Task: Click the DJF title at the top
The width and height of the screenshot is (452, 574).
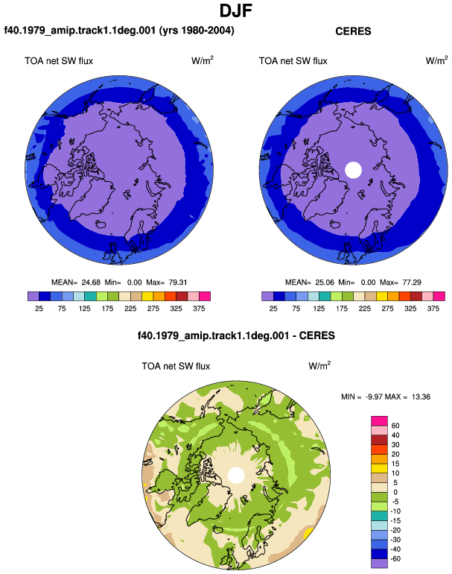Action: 236,10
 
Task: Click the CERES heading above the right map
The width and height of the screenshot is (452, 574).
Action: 353,31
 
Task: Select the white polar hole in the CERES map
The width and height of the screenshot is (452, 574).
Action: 353,170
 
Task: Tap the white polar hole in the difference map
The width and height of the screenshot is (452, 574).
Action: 236,475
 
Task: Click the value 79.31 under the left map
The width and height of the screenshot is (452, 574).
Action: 178,283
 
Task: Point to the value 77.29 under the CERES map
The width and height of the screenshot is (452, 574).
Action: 412,283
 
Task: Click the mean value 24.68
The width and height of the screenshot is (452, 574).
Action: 91,283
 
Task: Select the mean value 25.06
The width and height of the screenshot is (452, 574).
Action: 325,283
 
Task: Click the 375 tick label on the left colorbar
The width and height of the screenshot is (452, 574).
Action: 199,309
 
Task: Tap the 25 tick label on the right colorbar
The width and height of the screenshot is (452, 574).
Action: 273,309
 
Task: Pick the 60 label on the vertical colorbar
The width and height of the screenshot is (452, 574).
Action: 395,426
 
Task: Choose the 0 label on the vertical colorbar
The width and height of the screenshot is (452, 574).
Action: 395,492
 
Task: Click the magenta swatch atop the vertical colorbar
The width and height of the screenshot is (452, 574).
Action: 379,421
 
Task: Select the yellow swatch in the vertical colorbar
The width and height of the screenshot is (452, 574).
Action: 379,468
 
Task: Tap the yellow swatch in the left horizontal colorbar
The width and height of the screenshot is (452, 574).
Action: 147,296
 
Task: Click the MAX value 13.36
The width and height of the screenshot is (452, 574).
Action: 421,397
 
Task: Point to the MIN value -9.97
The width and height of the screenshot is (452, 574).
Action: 373,397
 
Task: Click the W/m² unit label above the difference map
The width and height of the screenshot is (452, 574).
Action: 319,366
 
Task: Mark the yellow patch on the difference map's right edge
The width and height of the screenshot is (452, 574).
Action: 308,533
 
